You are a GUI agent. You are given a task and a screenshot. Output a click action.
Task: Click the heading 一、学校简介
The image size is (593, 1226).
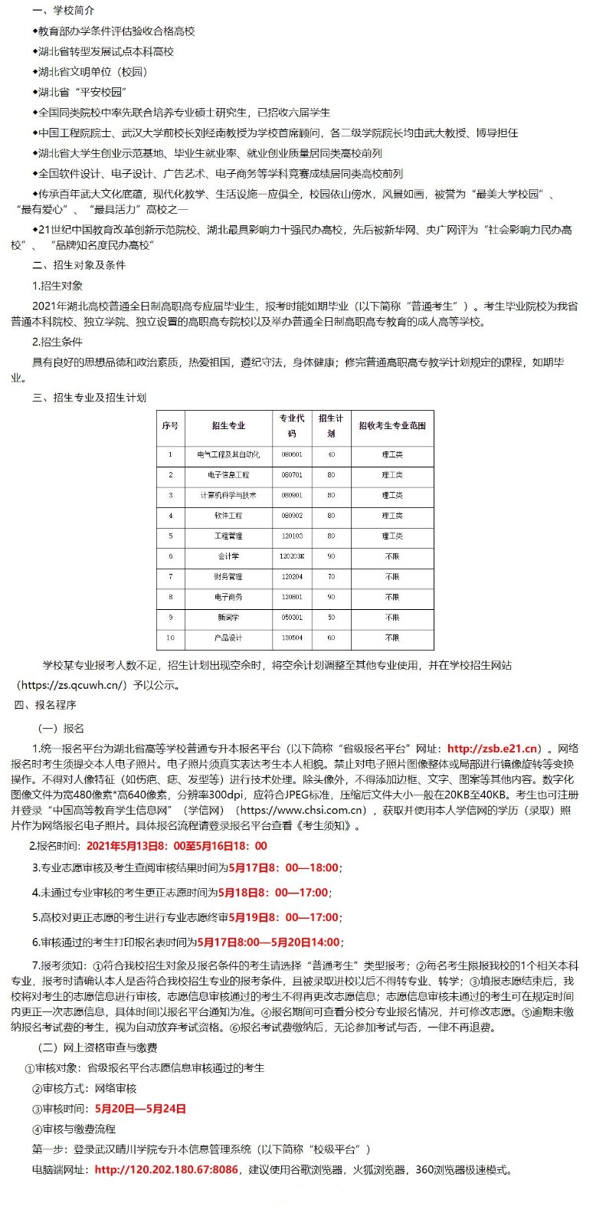pos(64,11)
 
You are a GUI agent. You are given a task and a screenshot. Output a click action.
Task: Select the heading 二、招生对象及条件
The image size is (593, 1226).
pos(79,265)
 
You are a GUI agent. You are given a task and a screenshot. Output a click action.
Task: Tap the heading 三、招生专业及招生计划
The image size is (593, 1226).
pos(89,398)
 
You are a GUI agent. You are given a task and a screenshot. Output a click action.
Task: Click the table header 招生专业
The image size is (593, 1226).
pos(228,425)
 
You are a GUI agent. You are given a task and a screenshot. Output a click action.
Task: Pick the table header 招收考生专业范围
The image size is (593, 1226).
pos(392,425)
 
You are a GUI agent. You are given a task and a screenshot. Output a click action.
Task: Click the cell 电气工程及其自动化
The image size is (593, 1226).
pos(228,454)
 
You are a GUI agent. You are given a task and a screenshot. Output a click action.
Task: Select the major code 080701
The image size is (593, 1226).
pos(292,475)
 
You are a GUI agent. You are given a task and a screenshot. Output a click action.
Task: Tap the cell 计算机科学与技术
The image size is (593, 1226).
pos(228,495)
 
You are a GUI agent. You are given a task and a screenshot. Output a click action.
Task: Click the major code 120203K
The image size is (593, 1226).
pos(292,556)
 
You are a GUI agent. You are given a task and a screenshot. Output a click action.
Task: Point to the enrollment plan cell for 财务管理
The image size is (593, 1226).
pos(331,576)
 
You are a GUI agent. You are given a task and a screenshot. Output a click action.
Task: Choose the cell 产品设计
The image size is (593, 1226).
pos(228,638)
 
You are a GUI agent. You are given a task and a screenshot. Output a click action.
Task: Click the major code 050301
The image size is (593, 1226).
pos(292,617)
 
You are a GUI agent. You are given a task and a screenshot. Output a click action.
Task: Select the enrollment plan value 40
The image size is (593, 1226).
pos(331,454)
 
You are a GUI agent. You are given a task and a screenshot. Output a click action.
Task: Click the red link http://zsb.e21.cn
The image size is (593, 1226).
pos(493,749)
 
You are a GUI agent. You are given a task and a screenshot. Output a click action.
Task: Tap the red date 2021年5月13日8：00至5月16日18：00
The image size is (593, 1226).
pos(177,846)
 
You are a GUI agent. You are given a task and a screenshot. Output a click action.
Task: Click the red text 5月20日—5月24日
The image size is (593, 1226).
pos(140,1109)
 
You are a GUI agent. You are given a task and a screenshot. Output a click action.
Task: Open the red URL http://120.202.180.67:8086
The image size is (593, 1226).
pos(166,1170)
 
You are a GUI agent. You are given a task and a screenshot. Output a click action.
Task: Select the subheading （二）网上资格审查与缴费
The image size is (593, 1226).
pos(98,1047)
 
